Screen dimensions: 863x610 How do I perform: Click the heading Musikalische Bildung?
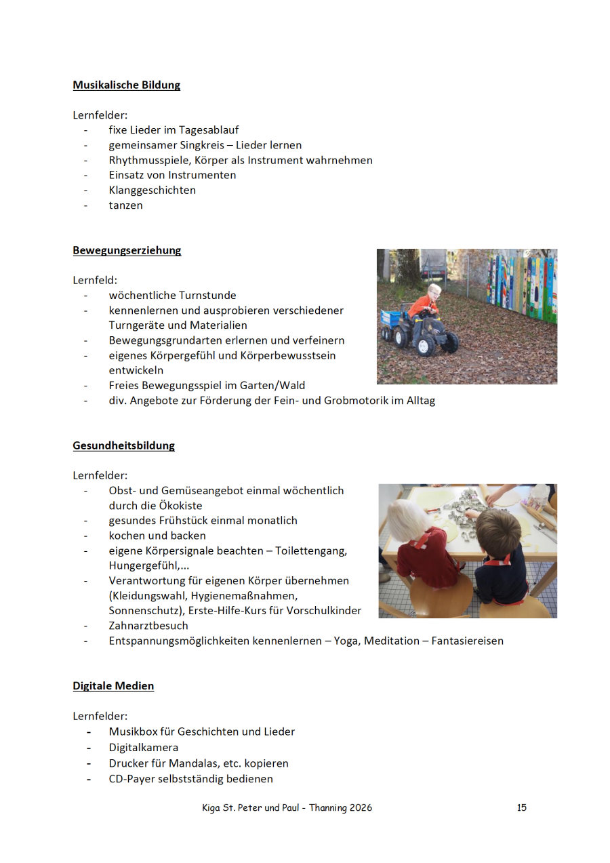126,85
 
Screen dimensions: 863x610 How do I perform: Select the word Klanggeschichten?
152,190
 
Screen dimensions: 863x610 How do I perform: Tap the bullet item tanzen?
125,205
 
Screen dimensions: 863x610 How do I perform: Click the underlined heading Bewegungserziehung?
127,250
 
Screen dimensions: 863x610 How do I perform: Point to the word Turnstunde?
207,296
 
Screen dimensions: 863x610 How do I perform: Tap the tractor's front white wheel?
426,346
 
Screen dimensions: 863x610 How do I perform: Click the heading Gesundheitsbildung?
123,445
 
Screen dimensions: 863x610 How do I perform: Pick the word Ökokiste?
181,505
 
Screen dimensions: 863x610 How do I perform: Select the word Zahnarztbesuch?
148,625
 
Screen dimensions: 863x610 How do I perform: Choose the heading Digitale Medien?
113,685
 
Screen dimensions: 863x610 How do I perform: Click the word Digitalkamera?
144,747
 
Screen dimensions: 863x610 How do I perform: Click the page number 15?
521,807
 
